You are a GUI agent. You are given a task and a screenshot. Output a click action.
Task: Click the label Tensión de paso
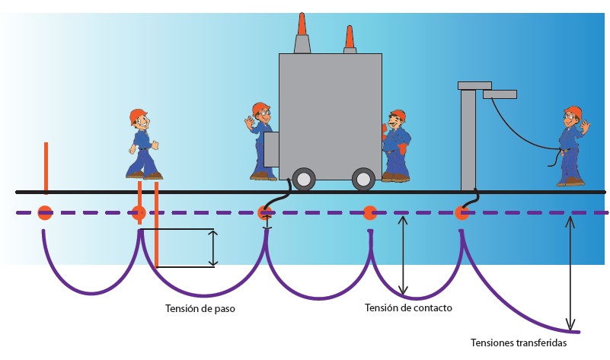(x=200, y=309)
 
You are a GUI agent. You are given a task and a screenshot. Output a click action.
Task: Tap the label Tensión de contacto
(x=408, y=307)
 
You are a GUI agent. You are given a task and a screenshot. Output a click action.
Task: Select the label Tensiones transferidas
(x=519, y=342)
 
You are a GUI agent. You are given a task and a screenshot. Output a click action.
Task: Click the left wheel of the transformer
(x=304, y=180)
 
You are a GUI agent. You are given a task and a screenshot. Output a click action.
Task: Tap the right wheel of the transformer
(x=363, y=180)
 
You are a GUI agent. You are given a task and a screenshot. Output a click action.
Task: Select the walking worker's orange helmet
(x=137, y=116)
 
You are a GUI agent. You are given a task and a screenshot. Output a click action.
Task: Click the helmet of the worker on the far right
(x=573, y=113)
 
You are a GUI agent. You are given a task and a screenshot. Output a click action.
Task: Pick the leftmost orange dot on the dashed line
(x=45, y=213)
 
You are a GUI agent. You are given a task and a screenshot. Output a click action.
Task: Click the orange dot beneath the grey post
(x=462, y=213)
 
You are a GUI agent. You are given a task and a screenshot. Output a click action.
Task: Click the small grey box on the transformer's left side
(x=272, y=149)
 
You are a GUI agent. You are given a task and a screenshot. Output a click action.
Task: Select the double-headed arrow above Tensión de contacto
(x=404, y=256)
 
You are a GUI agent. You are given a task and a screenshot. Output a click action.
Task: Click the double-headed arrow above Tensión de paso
(x=213, y=248)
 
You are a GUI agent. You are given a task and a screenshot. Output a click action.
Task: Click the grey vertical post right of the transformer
(x=468, y=140)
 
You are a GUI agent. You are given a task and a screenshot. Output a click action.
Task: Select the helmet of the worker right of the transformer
(x=398, y=115)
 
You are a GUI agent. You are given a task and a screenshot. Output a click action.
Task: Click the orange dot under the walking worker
(x=139, y=213)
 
